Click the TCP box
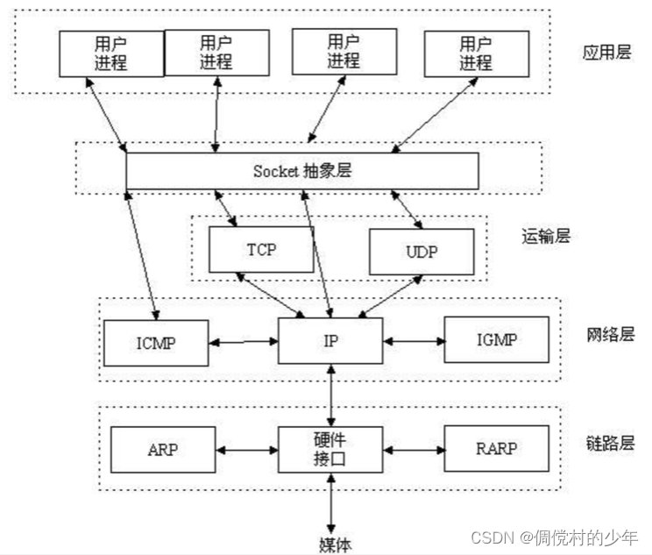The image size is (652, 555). [260, 249]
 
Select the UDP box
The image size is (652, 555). [421, 253]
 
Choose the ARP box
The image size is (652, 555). [163, 449]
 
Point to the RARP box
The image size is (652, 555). [496, 449]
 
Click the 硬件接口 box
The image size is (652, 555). [330, 448]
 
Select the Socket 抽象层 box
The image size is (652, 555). [302, 171]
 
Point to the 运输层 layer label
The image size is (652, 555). [544, 235]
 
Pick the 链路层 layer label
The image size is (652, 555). [606, 445]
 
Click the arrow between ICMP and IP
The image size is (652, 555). [244, 341]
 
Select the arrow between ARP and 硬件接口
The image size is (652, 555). [247, 450]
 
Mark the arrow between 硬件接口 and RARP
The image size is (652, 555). [413, 450]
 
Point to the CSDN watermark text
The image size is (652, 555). [555, 537]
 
